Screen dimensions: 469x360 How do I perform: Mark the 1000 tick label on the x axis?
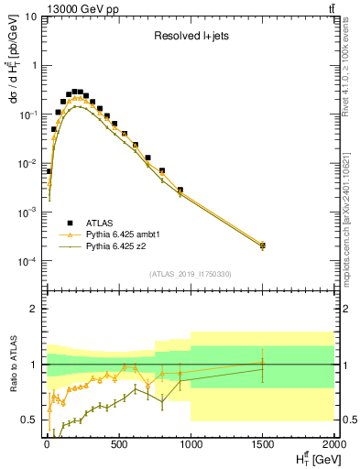[191, 445]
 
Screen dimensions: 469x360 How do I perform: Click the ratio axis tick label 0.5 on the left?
[32, 420]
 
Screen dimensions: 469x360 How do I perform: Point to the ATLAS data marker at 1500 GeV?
[263, 245]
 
